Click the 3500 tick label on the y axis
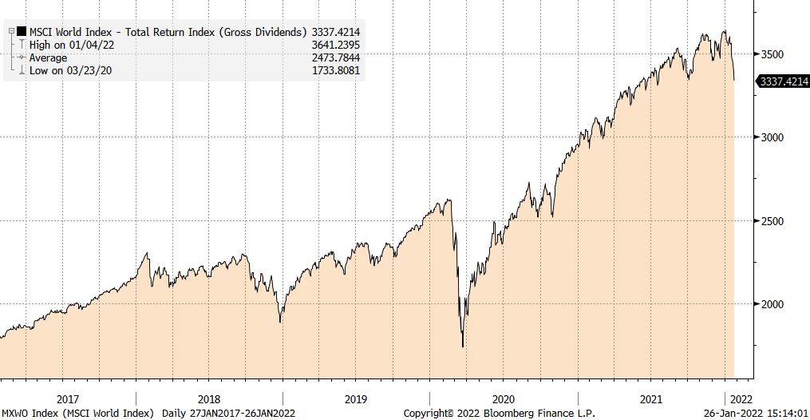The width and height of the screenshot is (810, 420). pyautogui.click(x=772, y=54)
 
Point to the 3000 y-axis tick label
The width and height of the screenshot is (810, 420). pyautogui.click(x=772, y=137)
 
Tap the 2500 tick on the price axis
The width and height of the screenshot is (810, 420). pyautogui.click(x=772, y=220)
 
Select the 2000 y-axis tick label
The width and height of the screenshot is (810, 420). pyautogui.click(x=772, y=304)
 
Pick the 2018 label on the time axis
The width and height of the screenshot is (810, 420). pyautogui.click(x=208, y=398)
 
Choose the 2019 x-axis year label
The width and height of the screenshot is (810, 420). pyautogui.click(x=356, y=398)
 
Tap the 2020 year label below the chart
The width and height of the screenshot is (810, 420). pyautogui.click(x=504, y=398)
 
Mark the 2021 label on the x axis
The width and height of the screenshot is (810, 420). pyautogui.click(x=651, y=398)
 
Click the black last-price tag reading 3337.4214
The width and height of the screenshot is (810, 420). pyautogui.click(x=783, y=81)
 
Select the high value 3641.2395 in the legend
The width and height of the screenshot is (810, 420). pyautogui.click(x=333, y=45)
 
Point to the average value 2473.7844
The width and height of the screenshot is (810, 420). pyautogui.click(x=333, y=57)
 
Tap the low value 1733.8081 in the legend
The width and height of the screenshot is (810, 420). pyautogui.click(x=333, y=70)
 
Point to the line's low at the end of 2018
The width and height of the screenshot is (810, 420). pyautogui.click(x=280, y=322)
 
